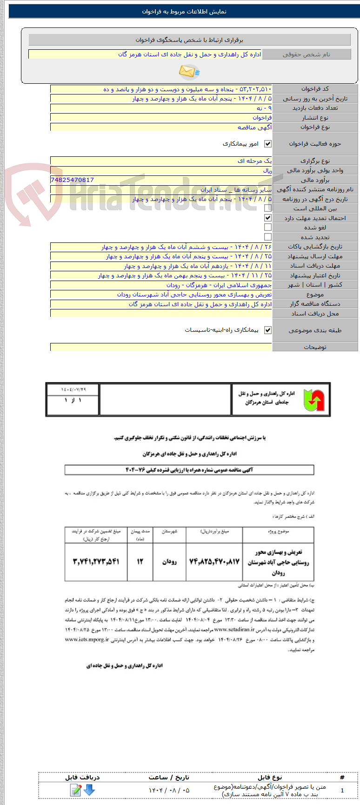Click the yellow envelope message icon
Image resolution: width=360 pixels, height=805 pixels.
189,71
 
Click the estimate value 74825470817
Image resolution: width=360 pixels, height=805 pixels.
72,180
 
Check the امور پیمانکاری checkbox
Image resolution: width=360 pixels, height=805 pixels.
267,144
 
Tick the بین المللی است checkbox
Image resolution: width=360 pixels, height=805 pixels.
267,208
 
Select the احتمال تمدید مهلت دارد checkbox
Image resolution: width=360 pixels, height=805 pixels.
267,218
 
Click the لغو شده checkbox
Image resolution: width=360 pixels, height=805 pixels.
267,228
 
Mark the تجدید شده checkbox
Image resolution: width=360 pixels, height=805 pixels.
267,237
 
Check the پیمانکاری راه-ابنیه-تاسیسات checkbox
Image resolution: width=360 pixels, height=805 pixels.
267,330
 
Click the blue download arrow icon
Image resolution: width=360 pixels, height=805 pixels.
89,790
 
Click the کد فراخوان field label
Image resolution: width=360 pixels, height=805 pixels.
315,89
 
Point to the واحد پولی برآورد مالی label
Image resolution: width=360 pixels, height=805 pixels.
315,170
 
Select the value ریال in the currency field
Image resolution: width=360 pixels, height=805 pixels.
267,170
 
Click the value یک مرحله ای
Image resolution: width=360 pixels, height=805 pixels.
254,161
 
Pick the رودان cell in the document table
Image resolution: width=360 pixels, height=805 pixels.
169,562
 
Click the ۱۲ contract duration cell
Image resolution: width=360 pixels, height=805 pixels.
140,562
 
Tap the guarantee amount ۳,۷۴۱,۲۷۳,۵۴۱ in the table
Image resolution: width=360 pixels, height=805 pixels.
96,562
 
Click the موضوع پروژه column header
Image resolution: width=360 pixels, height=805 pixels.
278,531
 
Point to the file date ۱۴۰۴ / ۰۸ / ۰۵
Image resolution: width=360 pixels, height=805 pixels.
169,790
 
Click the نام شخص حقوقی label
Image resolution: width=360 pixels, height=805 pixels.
306,54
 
